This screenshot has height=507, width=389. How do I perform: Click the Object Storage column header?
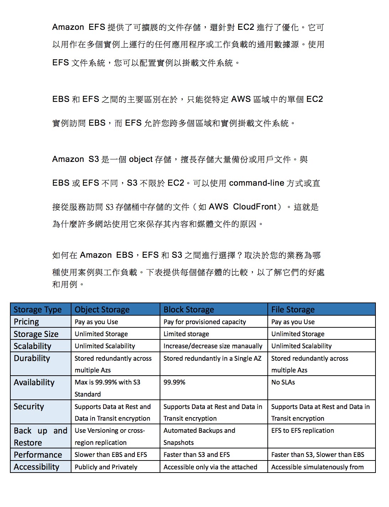[102, 310]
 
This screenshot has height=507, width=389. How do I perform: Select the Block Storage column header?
[188, 310]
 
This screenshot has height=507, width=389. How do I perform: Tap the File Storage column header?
[293, 310]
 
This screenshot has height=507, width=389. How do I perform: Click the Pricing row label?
[26, 322]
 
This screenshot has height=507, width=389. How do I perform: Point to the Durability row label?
[32, 358]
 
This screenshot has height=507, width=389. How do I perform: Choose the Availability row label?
[34, 382]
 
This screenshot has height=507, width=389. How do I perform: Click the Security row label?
[29, 407]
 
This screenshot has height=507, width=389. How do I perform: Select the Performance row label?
[38, 455]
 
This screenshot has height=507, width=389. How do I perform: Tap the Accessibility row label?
[36, 467]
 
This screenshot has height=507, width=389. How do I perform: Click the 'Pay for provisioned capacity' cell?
[204, 322]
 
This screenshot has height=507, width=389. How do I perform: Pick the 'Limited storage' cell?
[186, 334]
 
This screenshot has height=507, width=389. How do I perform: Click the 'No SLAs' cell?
[283, 382]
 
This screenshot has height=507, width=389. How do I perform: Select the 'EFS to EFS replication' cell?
[303, 431]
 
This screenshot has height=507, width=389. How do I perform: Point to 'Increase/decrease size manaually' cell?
[213, 346]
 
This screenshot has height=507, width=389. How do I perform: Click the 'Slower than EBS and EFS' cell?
[111, 455]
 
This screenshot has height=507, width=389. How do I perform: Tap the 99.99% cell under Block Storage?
[174, 382]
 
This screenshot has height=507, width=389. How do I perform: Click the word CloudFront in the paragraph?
[255, 207]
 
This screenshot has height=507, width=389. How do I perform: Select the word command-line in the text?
[256, 183]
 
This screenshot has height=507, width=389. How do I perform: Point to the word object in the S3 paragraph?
[141, 159]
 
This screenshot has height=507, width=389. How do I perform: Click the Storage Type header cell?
[37, 310]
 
